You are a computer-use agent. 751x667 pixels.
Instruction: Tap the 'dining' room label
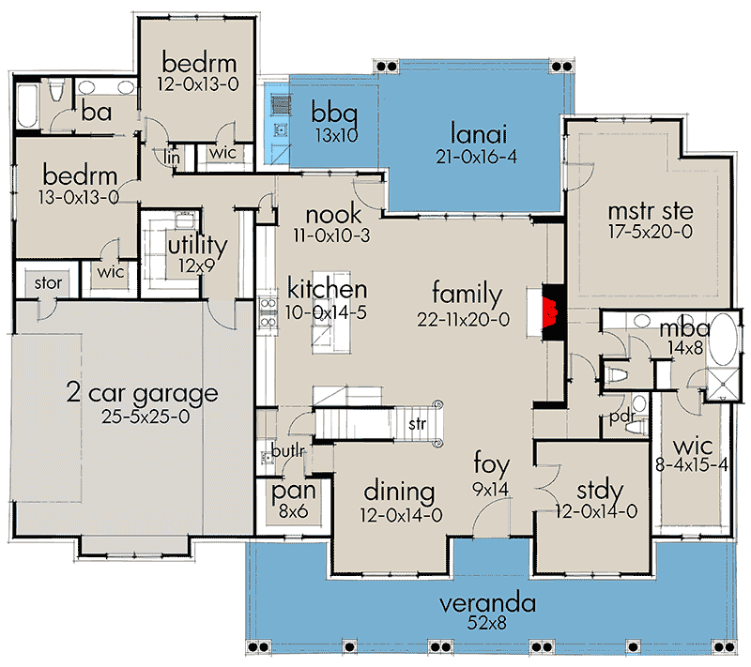pyautogui.click(x=399, y=492)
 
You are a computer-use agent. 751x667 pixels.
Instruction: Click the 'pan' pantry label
pyautogui.click(x=293, y=492)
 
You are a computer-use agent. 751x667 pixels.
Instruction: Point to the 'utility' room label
pyautogui.click(x=197, y=246)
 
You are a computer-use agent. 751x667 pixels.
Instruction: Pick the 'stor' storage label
pyautogui.click(x=48, y=281)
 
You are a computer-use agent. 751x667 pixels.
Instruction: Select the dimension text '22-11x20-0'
pyautogui.click(x=464, y=319)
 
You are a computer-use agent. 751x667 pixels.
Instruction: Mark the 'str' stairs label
pyautogui.click(x=417, y=423)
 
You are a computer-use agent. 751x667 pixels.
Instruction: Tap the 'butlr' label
pyautogui.click(x=289, y=450)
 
